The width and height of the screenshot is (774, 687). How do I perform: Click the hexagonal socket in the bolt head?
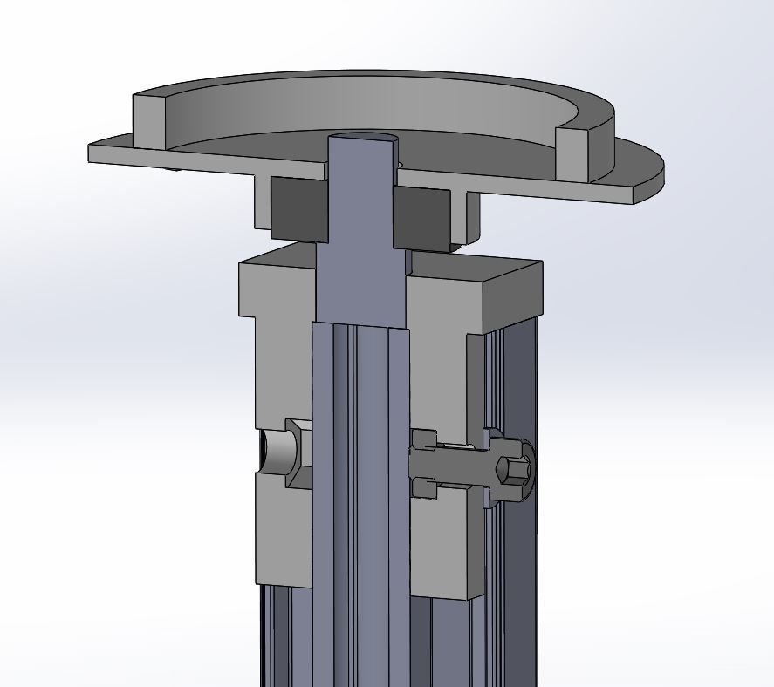[x=514, y=472]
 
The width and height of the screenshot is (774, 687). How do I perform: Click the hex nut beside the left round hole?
[x=299, y=452]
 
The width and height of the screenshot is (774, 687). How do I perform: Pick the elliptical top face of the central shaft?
[x=362, y=139]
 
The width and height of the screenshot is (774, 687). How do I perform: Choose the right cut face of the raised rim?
[x=572, y=152]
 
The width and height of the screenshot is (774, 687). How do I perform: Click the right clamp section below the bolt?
[x=445, y=549]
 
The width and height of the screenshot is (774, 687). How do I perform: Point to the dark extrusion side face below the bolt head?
[x=520, y=593]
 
